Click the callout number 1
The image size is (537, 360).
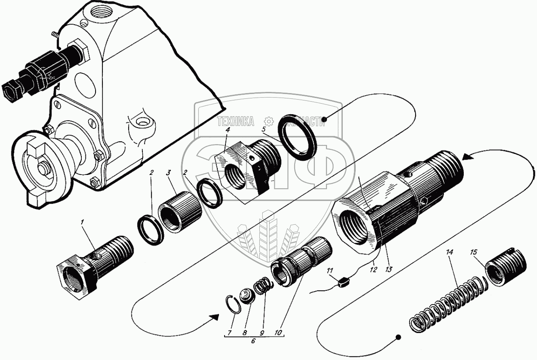pos(83,222)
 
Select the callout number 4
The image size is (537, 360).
pos(228,130)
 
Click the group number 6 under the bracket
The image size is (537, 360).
pos(253,341)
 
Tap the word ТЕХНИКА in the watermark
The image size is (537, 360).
pos(235,121)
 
